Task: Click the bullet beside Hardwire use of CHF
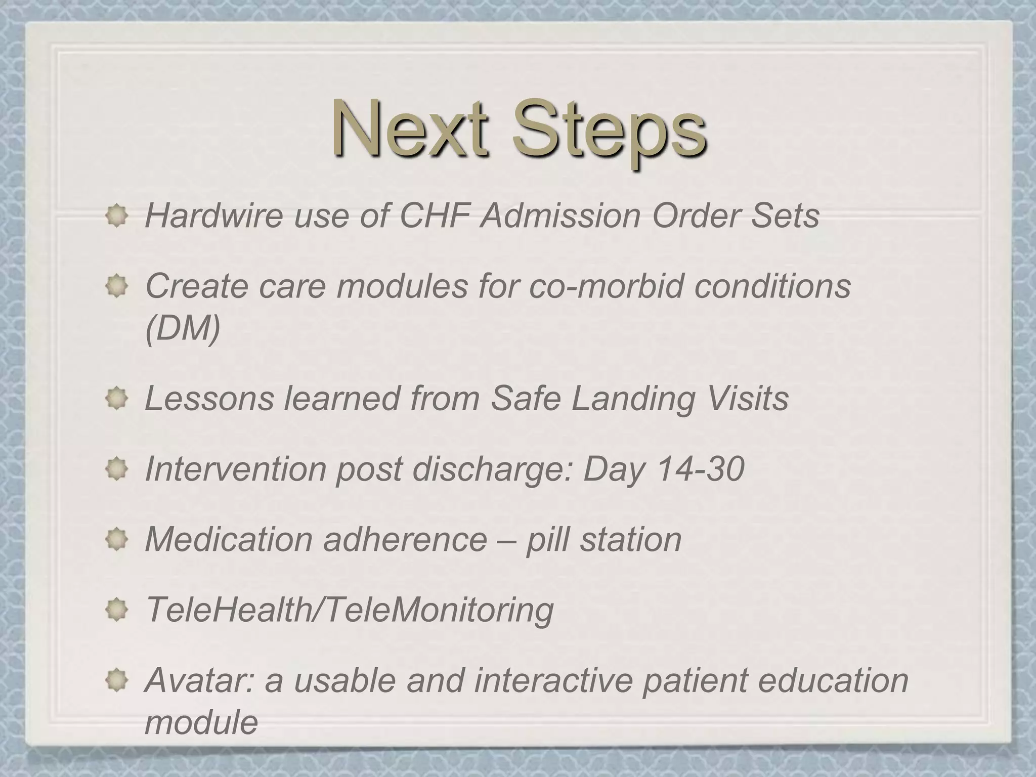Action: (x=117, y=217)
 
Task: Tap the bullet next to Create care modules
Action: (x=117, y=287)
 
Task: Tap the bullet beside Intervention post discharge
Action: (x=117, y=470)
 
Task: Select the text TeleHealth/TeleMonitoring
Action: (x=349, y=610)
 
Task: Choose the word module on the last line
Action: (x=201, y=722)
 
